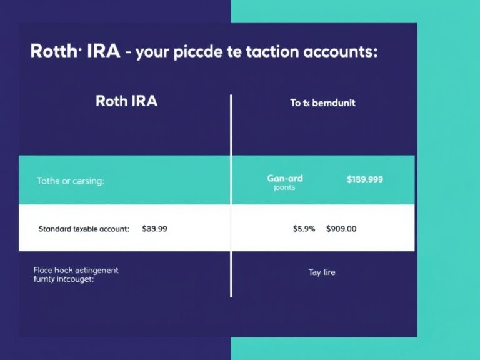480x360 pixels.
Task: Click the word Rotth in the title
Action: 52,52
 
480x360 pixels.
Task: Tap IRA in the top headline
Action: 104,52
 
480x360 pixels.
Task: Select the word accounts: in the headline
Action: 339,52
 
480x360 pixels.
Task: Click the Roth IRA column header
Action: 126,101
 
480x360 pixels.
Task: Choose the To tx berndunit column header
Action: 322,102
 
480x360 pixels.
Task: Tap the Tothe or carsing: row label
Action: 70,181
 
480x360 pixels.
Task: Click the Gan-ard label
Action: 285,178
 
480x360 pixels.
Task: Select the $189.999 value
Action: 365,179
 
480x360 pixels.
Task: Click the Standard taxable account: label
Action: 84,229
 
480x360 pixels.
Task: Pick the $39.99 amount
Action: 154,229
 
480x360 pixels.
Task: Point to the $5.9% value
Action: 304,229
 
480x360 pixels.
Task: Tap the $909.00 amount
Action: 341,229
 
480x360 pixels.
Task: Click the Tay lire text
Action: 322,272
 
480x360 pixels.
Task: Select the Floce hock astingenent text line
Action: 76,270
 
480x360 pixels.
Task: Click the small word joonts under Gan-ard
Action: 284,187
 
